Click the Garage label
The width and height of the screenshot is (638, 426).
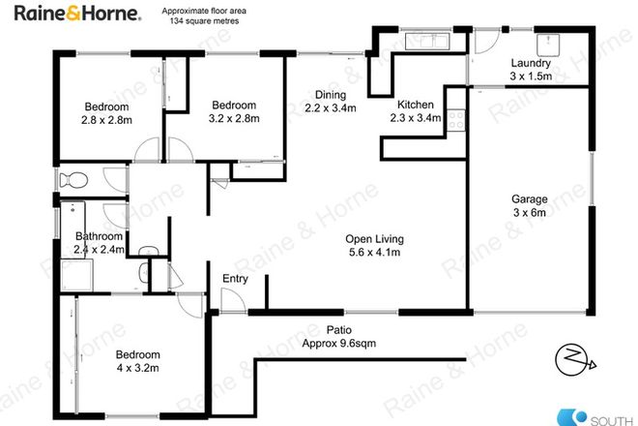tap(529, 200)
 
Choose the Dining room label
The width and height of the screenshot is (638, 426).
tap(330, 94)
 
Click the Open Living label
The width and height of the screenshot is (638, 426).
tap(374, 239)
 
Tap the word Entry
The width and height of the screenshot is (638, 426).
tap(236, 279)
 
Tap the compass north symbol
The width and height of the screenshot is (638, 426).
tap(573, 361)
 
